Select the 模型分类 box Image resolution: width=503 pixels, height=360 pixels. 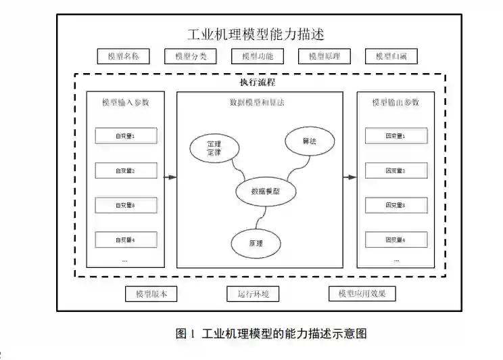[190, 57]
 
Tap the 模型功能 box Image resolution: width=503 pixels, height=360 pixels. [256, 57]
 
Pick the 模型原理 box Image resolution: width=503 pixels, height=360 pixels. [324, 57]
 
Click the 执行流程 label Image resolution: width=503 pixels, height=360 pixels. [256, 82]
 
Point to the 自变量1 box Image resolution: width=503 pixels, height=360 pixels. [126, 136]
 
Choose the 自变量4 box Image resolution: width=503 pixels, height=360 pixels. [126, 240]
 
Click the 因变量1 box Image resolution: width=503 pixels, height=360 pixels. [396, 136]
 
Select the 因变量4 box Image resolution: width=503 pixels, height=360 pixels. [396, 240]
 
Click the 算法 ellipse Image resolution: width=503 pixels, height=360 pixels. [309, 142]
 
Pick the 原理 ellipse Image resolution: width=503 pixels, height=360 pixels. [255, 242]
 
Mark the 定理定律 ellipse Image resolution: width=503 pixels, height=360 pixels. [214, 148]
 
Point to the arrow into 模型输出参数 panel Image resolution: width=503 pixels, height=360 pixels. [350, 178]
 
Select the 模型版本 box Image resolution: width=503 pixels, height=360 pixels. [151, 294]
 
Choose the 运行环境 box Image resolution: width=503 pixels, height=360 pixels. [253, 294]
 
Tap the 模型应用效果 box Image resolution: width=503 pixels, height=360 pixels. [362, 294]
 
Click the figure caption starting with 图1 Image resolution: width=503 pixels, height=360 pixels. [271, 334]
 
